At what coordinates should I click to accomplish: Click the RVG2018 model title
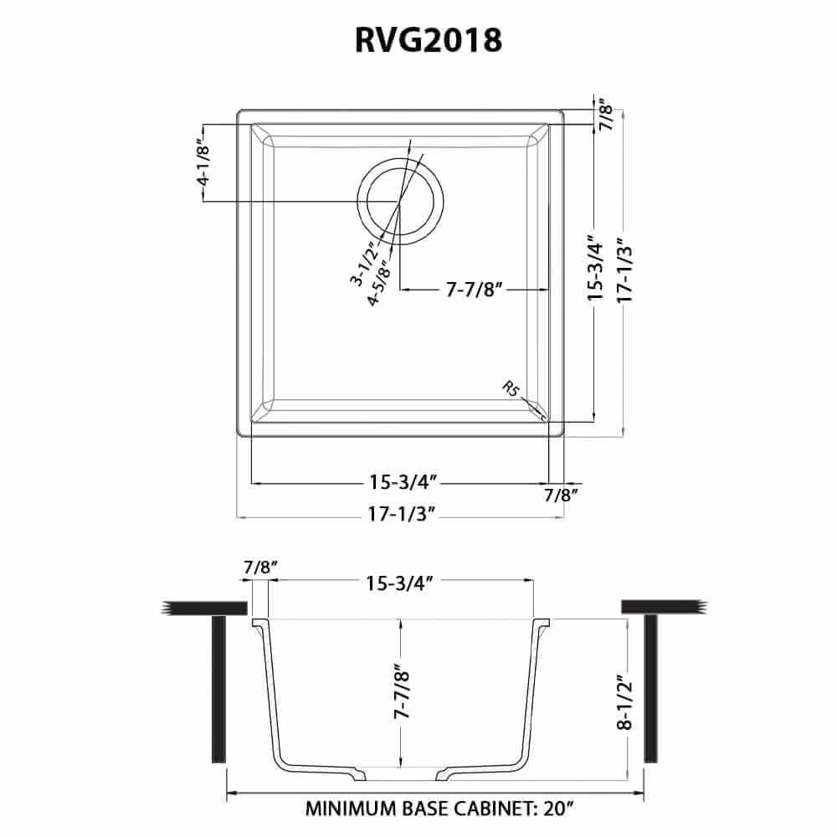418,39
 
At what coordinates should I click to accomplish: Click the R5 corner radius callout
511,390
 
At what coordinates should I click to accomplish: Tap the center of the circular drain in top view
401,200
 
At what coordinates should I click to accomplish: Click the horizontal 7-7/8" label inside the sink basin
474,290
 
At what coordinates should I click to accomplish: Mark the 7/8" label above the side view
260,567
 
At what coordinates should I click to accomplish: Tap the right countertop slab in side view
661,607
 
